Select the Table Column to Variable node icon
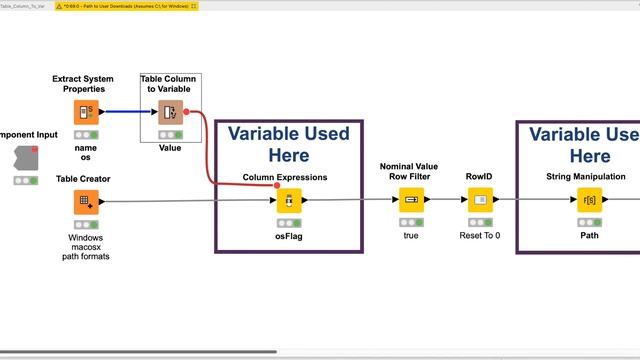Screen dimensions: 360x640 point(170,112)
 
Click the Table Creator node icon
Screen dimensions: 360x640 point(86,201)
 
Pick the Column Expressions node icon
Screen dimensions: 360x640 point(289,201)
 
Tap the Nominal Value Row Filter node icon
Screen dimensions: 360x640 point(411,201)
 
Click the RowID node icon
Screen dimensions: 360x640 point(480,201)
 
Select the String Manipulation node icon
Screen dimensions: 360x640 point(589,201)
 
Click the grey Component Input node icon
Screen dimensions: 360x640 point(27,157)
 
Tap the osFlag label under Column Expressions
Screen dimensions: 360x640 point(289,238)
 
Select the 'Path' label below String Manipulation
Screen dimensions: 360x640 point(589,238)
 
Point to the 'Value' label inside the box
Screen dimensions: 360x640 point(170,147)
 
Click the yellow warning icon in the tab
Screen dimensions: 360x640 point(60,6)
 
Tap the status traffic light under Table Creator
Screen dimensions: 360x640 point(86,223)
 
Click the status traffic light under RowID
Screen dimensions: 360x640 point(480,222)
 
